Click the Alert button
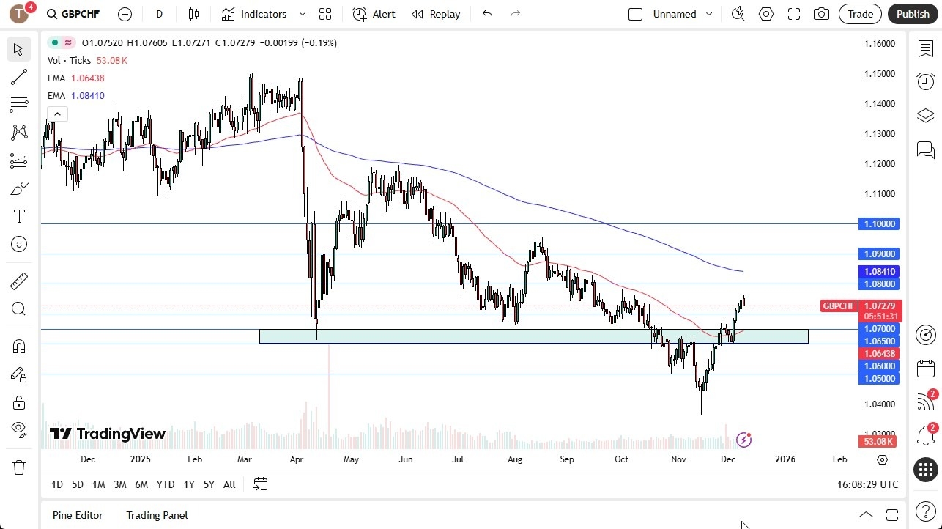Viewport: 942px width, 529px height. tap(374, 14)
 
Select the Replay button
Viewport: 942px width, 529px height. tap(436, 14)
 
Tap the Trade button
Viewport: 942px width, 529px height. tap(860, 14)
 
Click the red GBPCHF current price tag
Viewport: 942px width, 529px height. tap(839, 306)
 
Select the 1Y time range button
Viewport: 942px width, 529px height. tap(189, 484)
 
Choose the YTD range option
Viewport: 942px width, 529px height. tap(166, 484)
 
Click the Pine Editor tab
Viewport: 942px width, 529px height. tap(78, 515)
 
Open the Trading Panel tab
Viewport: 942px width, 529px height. tap(157, 515)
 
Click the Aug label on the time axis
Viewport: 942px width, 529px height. tap(515, 459)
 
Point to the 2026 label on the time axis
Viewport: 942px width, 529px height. tap(785, 459)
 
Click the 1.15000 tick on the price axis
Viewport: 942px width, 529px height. tap(879, 74)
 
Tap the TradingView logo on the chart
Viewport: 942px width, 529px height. tap(108, 434)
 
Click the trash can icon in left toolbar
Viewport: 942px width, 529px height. tap(19, 467)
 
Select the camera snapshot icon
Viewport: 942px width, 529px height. tap(822, 14)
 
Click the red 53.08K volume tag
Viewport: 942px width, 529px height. tap(878, 441)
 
